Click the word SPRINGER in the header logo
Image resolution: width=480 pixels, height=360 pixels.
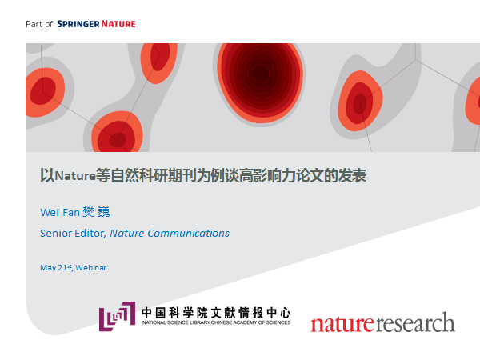tap(78, 24)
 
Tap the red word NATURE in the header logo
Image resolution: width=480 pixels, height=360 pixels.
tap(118, 24)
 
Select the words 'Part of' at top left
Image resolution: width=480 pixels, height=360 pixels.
tap(39, 24)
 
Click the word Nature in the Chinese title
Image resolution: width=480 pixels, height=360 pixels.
tap(75, 176)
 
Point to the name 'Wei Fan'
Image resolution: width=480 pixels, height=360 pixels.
tap(60, 212)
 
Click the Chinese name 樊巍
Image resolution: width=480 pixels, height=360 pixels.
tap(96, 212)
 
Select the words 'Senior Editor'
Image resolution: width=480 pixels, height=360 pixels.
tap(73, 234)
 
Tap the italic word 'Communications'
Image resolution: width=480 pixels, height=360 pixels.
tap(188, 234)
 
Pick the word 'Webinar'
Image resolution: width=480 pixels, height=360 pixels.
tap(91, 268)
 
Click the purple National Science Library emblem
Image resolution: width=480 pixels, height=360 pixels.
tap(117, 316)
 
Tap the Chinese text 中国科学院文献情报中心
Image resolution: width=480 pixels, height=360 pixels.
tap(216, 313)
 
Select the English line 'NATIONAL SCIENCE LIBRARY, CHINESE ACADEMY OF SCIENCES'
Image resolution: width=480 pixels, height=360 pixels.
tap(217, 322)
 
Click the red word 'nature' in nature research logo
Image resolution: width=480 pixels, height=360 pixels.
tap(342, 323)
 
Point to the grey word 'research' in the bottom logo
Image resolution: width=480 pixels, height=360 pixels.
tap(415, 322)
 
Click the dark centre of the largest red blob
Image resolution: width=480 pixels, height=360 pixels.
tap(261, 73)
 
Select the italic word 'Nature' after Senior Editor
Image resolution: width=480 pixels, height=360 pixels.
tap(127, 234)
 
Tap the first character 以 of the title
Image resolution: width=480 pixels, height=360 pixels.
tap(47, 176)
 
